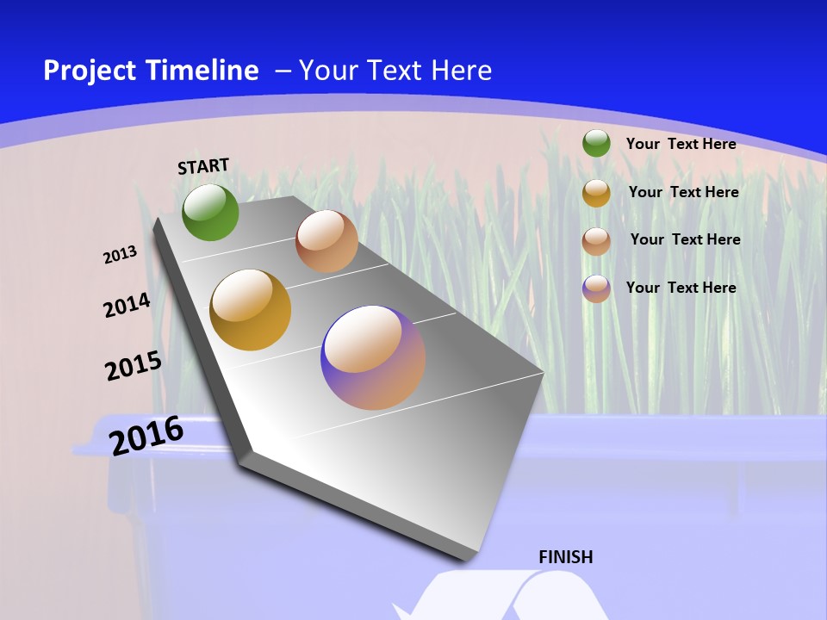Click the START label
[x=203, y=166]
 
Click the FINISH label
[x=565, y=557]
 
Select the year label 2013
[x=120, y=255]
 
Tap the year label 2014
[x=127, y=305]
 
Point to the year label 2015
[x=133, y=365]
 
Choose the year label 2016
[x=146, y=436]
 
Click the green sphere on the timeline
[x=210, y=212]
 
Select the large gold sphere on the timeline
[x=251, y=310]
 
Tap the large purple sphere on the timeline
[x=373, y=357]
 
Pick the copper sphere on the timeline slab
[x=326, y=241]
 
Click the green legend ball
[x=596, y=143]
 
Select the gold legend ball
[x=596, y=193]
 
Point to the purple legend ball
[x=596, y=288]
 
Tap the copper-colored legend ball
[x=596, y=241]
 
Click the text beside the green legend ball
[x=681, y=144]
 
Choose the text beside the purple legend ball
[x=681, y=288]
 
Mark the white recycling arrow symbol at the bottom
[x=500, y=598]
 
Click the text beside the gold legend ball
[x=683, y=192]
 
